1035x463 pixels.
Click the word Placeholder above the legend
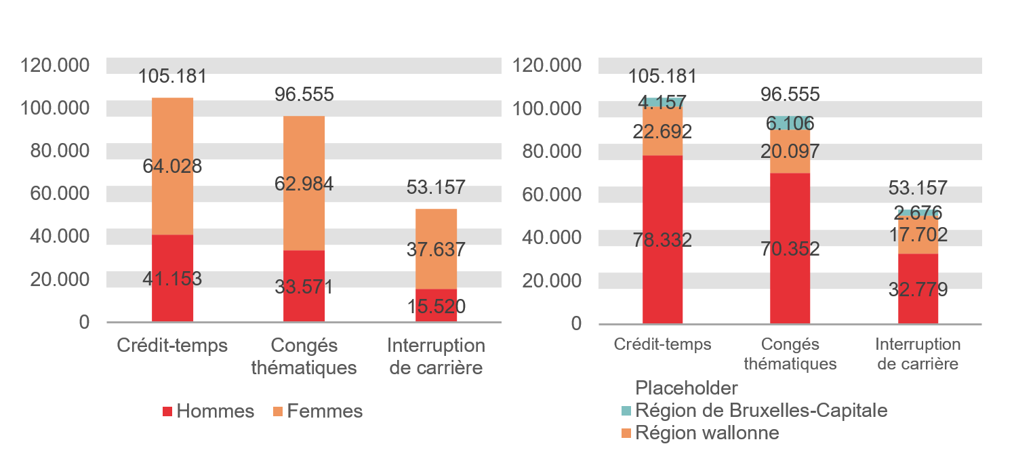[686, 388]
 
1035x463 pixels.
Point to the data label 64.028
[172, 166]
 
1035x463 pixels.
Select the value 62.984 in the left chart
[304, 184]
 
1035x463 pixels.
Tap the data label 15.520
[436, 306]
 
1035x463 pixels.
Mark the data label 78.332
[662, 239]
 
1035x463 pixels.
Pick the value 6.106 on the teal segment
[790, 123]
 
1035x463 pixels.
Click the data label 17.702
[918, 235]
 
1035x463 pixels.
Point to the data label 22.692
[662, 132]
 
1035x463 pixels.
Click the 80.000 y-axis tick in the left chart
[60, 150]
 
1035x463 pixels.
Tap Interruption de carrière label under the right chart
[918, 354]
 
